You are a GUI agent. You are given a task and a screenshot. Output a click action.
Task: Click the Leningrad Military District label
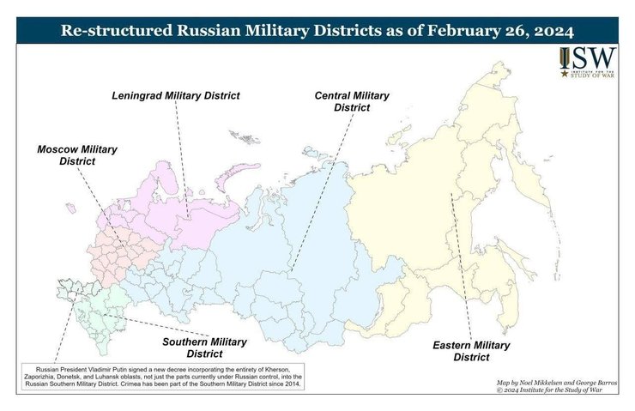tap(176, 94)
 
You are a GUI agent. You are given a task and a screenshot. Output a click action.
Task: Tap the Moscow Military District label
tap(76, 154)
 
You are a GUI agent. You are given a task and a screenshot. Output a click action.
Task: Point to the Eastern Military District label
tap(470, 351)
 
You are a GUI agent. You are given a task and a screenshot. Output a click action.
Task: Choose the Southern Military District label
tap(205, 346)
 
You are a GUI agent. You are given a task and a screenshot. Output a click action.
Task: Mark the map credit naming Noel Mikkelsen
tap(562, 380)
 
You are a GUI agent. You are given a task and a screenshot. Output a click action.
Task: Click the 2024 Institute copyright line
tap(562, 390)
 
